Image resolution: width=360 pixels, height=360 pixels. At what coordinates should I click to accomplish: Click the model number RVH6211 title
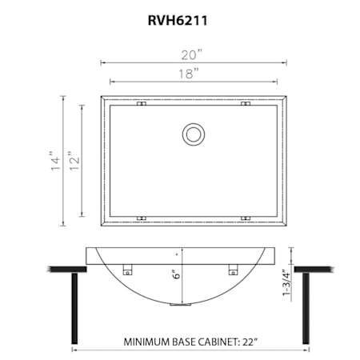point(178,21)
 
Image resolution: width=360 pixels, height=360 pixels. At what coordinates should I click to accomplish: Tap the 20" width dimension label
point(192,55)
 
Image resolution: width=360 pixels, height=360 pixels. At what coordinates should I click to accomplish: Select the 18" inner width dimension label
point(189,74)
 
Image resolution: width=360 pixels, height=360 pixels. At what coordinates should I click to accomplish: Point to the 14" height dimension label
point(56,161)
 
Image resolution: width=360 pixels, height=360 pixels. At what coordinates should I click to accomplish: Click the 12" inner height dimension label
point(74,161)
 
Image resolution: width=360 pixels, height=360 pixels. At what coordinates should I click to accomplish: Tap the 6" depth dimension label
point(177,274)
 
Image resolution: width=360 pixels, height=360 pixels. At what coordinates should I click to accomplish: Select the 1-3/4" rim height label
point(286,279)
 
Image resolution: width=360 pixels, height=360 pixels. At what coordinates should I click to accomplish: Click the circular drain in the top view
point(194,134)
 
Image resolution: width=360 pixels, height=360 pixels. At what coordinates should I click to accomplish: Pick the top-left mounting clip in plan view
point(142,103)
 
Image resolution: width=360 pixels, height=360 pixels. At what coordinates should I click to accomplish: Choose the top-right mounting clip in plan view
point(246,103)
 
